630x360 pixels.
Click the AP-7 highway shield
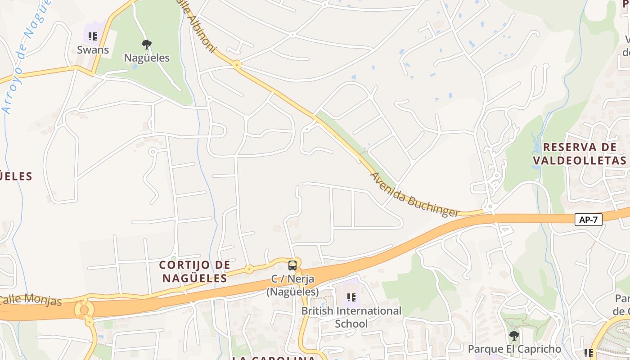[588, 220]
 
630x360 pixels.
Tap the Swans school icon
[93, 36]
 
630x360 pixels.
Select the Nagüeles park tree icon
[146, 44]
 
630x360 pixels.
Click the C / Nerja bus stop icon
[292, 265]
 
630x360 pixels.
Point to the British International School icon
[351, 297]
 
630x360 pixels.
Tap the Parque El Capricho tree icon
[514, 336]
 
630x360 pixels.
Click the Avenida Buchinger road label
[414, 195]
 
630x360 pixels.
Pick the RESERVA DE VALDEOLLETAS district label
[580, 153]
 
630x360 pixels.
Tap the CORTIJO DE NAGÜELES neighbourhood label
[195, 271]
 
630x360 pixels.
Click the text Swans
[93, 50]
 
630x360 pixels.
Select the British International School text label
[351, 317]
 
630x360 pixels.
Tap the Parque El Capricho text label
[514, 349]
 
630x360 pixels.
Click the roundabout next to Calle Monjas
[84, 309]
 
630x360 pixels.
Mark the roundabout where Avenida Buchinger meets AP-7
[490, 208]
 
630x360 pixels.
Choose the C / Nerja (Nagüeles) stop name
[292, 285]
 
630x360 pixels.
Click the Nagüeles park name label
[147, 58]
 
